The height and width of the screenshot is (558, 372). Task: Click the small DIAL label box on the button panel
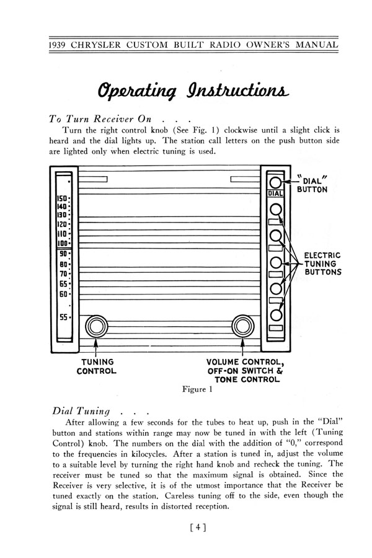coord(275,194)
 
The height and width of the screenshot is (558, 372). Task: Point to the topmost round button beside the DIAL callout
coord(275,182)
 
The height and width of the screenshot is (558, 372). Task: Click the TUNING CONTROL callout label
coord(96,367)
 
